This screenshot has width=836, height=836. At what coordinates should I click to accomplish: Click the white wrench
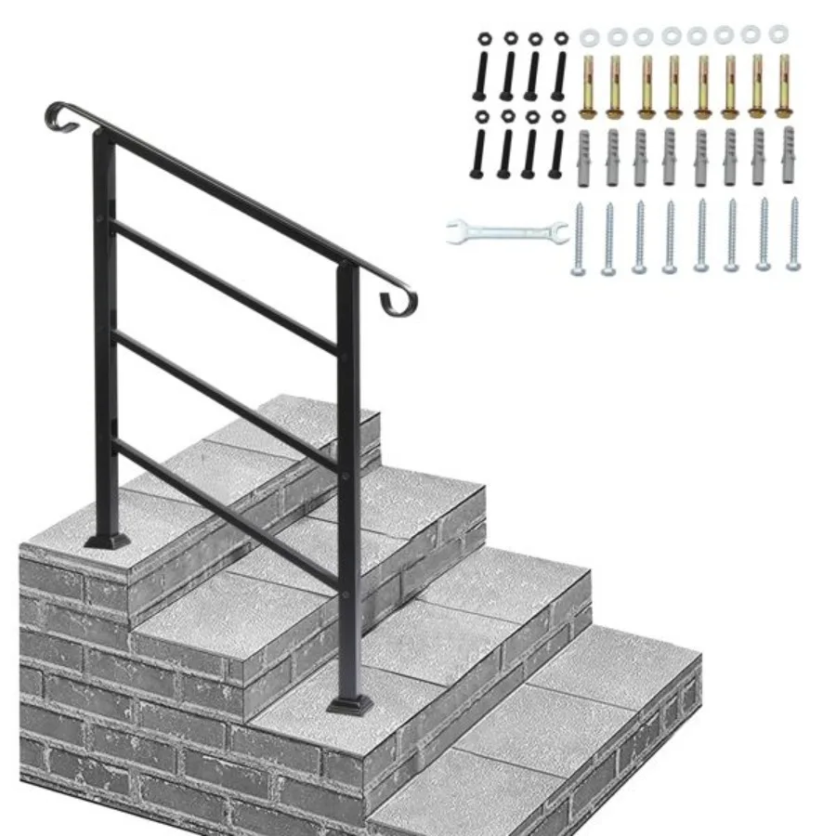(506, 231)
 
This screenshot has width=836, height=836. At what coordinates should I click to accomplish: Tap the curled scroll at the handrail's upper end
(58, 115)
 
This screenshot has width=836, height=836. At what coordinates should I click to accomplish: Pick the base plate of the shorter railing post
(350, 706)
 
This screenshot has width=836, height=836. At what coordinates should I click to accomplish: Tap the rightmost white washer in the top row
(778, 33)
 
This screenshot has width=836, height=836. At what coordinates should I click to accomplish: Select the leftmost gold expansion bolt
(587, 88)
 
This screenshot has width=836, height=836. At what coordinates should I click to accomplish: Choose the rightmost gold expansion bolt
(783, 86)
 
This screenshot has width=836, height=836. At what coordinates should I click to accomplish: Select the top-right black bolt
(560, 65)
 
